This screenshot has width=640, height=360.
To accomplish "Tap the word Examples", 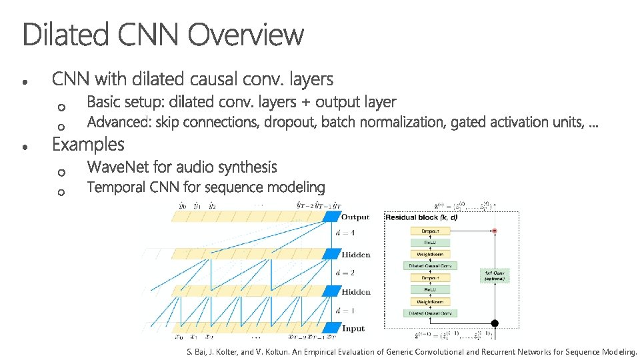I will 88,145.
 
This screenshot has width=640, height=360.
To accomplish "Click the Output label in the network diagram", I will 355,217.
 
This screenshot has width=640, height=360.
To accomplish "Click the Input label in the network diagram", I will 353,329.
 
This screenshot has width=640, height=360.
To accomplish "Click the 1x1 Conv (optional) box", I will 494,275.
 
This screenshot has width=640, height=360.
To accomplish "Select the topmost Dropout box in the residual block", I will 429,231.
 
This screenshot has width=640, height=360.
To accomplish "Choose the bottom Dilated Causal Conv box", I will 429,313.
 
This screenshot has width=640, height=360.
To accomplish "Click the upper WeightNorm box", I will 429,254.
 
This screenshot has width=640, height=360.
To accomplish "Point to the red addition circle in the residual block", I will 495,231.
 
